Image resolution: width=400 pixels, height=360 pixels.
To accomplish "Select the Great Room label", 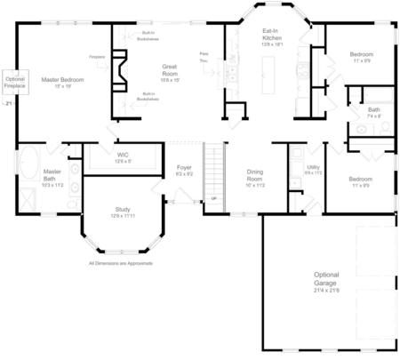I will coord(170,70).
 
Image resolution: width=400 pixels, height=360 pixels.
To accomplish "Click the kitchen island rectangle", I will coord(272,78).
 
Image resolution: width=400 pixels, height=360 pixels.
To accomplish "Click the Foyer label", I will coord(184,170).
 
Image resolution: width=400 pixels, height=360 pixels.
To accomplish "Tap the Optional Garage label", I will coord(326,282).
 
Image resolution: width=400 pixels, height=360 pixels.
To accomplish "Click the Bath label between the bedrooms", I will coord(372,112).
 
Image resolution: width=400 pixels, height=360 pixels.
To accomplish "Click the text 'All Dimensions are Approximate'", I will coord(122,264).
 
